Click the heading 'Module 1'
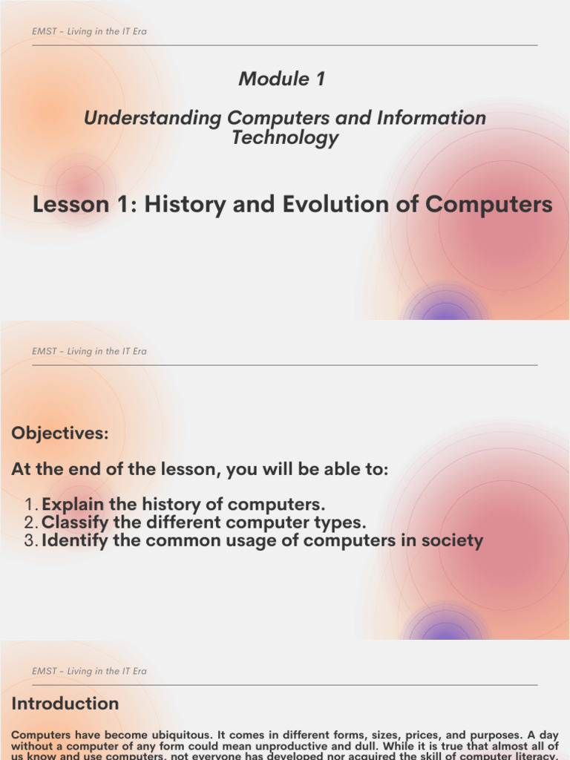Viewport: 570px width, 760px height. pos(281,79)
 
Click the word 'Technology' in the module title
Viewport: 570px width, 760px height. pos(285,137)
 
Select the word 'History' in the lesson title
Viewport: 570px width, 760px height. pos(186,204)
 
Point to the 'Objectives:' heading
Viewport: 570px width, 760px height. pos(60,433)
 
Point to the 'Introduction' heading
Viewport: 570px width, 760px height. pos(65,704)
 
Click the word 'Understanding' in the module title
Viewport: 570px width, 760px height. pos(152,118)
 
